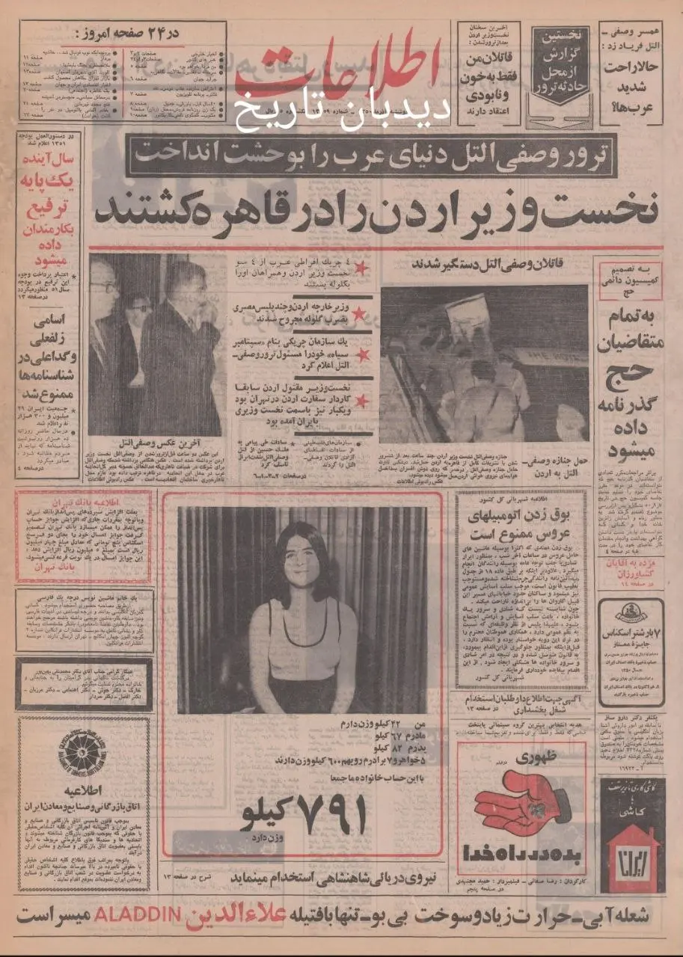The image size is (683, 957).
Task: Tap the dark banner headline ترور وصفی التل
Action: pos(372,155)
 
